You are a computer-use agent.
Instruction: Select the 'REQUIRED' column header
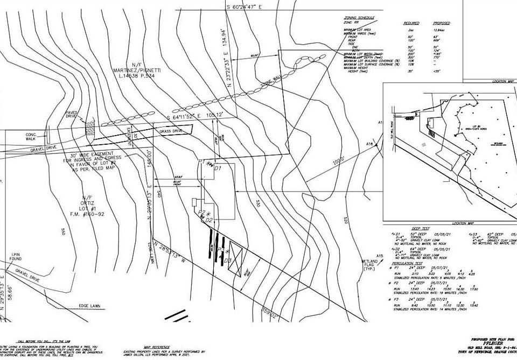click(411, 23)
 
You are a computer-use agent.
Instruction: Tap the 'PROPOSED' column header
click(442, 23)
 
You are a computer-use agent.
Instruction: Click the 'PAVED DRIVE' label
click(72, 114)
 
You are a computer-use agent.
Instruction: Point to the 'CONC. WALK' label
click(31, 136)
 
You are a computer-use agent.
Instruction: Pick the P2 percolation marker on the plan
click(201, 214)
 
